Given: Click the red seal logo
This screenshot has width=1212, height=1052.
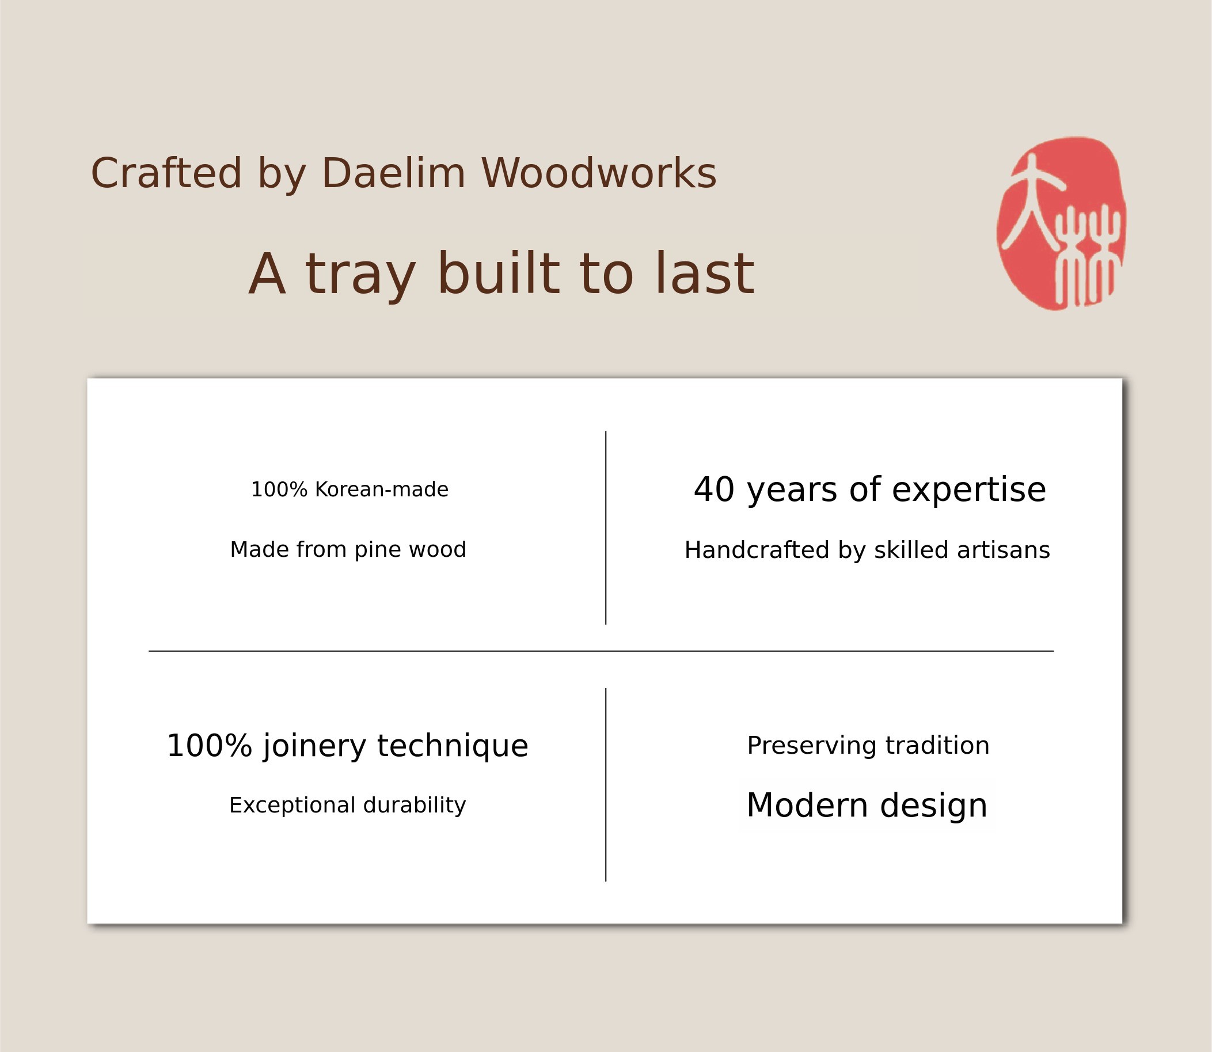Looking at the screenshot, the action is click(1061, 223).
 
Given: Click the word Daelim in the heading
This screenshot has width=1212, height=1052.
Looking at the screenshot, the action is click(393, 173).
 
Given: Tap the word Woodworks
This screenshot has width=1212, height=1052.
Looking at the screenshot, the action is click(599, 173).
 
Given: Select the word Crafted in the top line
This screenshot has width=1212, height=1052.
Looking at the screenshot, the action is click(166, 173).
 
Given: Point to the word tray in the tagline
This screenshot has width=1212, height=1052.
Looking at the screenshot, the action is click(360, 275).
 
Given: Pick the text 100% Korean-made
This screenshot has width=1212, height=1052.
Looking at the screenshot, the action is click(350, 489).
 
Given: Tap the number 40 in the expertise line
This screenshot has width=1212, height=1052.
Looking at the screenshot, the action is click(714, 489).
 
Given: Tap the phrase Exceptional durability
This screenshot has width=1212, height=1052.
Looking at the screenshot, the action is click(347, 805).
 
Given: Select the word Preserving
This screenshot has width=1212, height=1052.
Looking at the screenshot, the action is click(812, 746).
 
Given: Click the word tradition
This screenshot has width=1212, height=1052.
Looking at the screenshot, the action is click(937, 745).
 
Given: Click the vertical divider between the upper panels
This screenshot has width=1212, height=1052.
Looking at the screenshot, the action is click(606, 528).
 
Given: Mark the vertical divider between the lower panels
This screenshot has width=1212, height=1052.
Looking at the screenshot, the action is click(606, 785).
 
